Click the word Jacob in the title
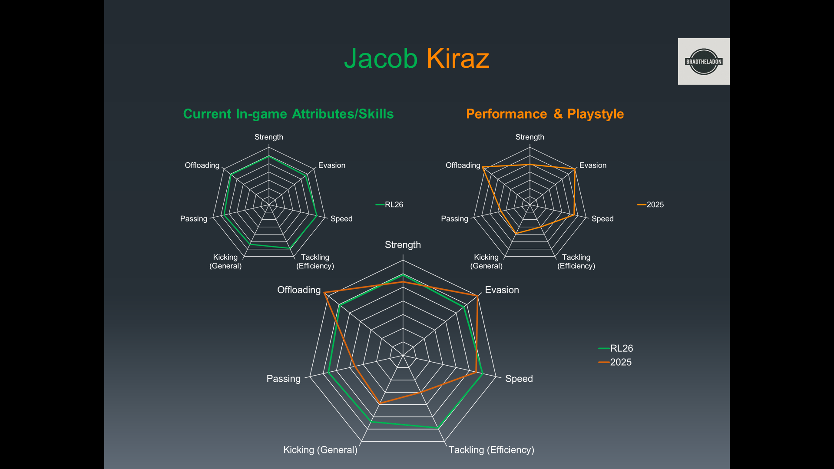[381, 59]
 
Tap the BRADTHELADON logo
[704, 61]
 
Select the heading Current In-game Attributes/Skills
[288, 114]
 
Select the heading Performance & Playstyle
[545, 114]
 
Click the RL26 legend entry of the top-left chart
[389, 205]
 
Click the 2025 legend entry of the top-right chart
[651, 205]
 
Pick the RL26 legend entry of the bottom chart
[616, 348]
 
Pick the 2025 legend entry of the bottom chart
[615, 362]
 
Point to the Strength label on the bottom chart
[403, 245]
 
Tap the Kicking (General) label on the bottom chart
[320, 450]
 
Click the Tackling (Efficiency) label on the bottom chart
[491, 450]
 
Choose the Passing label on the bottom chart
[283, 379]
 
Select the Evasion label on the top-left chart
[332, 165]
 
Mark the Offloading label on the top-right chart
[463, 165]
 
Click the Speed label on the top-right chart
[602, 219]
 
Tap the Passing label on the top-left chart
[194, 219]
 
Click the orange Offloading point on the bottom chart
[324, 293]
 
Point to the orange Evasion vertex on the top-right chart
[575, 169]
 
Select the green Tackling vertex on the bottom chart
[438, 428]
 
